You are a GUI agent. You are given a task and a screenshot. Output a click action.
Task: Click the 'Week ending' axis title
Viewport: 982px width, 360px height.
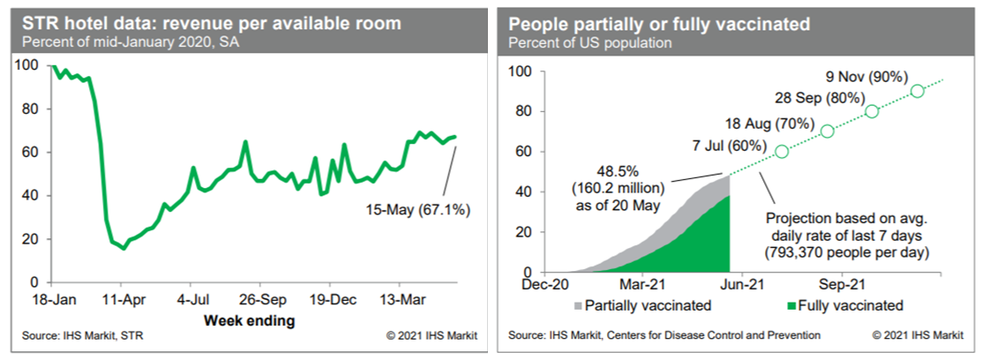pyautogui.click(x=250, y=320)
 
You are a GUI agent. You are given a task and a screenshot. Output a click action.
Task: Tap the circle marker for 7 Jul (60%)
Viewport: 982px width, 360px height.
pyautogui.click(x=781, y=151)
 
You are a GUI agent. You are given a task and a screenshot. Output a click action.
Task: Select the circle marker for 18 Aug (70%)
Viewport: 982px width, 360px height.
pyautogui.click(x=827, y=131)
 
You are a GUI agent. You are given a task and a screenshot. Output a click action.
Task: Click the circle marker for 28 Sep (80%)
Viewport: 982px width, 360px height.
pyautogui.click(x=872, y=111)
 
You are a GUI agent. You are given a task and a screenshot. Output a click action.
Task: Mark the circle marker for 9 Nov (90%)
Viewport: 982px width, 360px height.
pyautogui.click(x=918, y=91)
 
